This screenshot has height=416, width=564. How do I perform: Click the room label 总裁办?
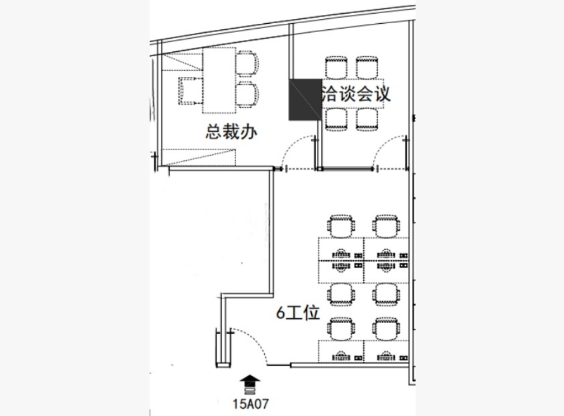pos(231,132)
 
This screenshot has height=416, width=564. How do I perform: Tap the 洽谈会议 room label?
pos(356,94)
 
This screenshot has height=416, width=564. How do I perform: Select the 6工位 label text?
pos(299,313)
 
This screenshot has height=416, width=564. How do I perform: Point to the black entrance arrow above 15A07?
pos(250,382)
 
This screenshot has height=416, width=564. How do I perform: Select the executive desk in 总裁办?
pos(219,81)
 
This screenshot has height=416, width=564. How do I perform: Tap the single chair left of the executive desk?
pos(190,90)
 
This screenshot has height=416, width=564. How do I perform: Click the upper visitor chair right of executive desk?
pos(247,63)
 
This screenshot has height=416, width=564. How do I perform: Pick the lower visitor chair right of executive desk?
pos(247,94)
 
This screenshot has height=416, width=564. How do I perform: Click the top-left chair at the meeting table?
pos(336,67)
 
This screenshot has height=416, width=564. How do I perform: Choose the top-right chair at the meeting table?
pos(367,67)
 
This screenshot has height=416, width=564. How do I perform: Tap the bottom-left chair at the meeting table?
pos(336,119)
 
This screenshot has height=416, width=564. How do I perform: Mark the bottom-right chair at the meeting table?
pos(367,119)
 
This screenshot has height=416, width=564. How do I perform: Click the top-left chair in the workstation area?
pos(341,226)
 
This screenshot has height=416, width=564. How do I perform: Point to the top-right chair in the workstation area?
pos(386,226)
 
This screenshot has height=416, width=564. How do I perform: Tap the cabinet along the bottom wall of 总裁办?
pos(200,157)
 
